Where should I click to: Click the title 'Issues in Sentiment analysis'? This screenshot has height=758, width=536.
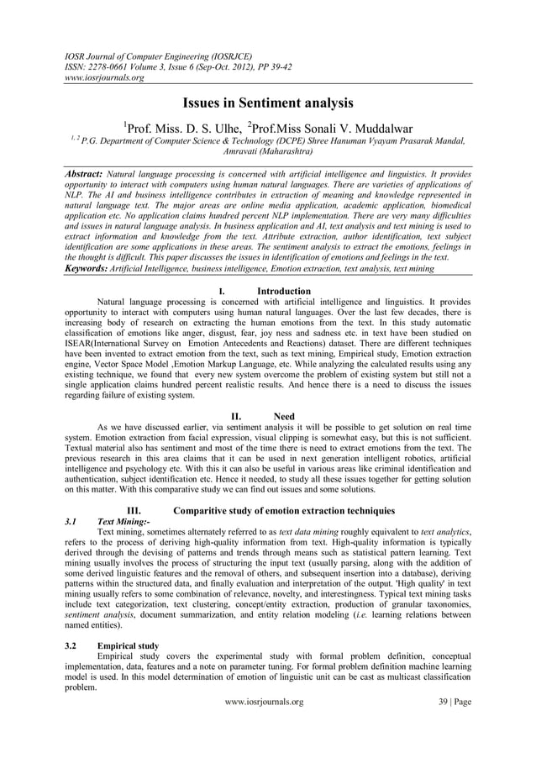[268, 104]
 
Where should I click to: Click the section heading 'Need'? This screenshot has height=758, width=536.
[284, 415]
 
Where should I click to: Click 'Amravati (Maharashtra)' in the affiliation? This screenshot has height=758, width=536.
[268, 155]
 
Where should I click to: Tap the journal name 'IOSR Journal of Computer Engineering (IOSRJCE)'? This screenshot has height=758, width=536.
[160, 55]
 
